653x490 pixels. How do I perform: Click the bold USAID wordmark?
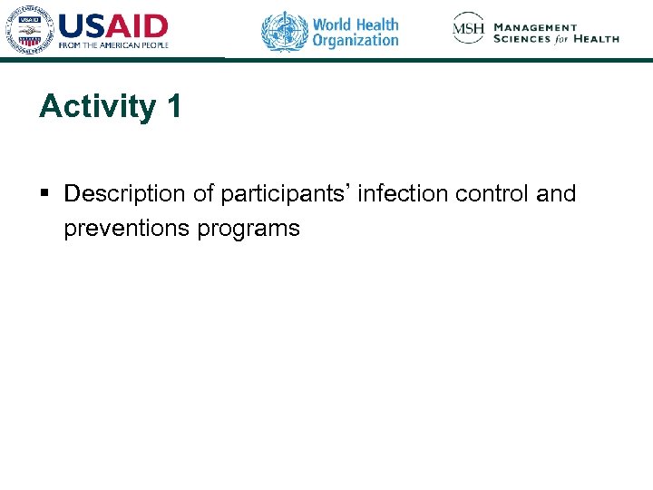113,26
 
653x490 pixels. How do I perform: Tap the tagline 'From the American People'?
113,44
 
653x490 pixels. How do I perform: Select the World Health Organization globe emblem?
285,31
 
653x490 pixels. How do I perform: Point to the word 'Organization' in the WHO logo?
356,40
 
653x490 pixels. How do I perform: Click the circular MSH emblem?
469,28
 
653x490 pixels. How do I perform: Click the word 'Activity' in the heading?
97,107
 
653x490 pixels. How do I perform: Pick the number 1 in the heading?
173,106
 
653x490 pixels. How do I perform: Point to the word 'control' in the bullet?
497,194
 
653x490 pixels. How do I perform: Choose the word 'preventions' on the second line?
127,228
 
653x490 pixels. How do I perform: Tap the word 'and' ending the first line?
556,194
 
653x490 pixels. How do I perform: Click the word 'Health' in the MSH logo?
599,39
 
